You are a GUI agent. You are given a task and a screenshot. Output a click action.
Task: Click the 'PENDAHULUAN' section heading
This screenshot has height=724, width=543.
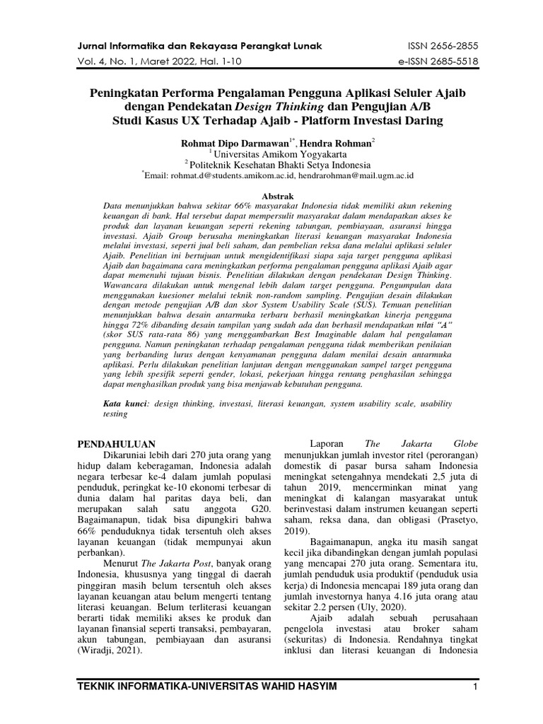(x=115, y=443)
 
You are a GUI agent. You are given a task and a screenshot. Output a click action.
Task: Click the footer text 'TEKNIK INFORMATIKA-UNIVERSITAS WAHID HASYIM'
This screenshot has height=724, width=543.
(x=208, y=688)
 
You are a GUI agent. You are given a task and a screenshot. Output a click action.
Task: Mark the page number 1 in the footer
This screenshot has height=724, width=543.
(x=476, y=688)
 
